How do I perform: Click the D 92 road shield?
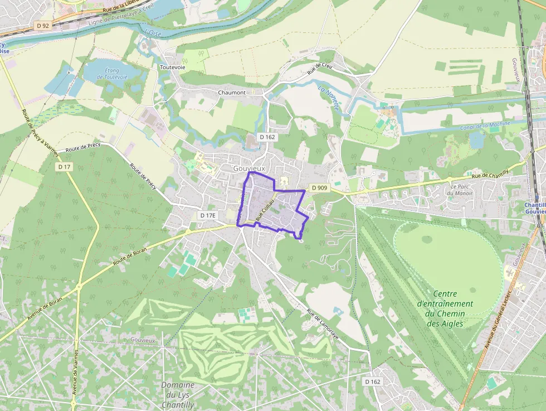(x=42, y=25)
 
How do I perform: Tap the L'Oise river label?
(x=152, y=33)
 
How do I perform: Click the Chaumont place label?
(x=232, y=92)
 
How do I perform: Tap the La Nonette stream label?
(x=328, y=97)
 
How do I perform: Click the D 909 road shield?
(x=319, y=188)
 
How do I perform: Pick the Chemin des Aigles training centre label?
(x=445, y=308)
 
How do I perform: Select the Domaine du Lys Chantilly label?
(x=178, y=395)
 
